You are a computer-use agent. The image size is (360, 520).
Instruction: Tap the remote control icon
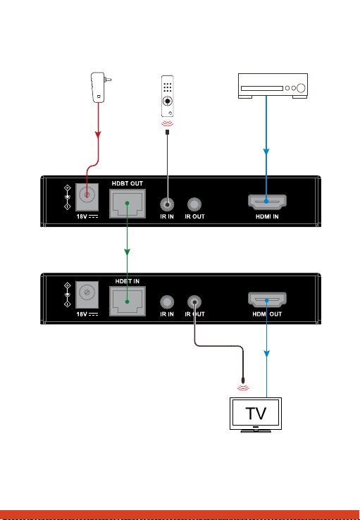click(168, 96)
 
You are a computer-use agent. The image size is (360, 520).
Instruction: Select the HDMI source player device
click(273, 86)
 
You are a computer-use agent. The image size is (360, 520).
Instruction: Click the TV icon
click(256, 415)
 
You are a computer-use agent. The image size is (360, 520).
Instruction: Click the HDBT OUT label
click(128, 183)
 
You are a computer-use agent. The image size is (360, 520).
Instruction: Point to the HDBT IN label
click(128, 281)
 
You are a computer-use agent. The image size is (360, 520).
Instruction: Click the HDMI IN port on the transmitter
click(267, 202)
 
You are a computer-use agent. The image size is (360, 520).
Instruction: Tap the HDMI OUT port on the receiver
click(267, 299)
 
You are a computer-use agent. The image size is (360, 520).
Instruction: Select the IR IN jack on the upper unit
click(167, 204)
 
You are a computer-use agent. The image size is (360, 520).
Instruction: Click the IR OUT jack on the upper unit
click(194, 204)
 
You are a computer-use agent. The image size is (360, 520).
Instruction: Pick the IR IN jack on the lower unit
click(167, 302)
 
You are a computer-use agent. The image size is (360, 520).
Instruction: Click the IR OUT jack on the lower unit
click(194, 302)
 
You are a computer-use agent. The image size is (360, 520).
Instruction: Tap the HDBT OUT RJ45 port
click(128, 204)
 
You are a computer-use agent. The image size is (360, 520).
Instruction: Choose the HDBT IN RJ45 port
click(128, 302)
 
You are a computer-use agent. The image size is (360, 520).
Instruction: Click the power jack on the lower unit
click(87, 293)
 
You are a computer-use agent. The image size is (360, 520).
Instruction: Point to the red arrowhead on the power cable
click(98, 135)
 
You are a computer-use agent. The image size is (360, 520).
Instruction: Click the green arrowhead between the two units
click(127, 252)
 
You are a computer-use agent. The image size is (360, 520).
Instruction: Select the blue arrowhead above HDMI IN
click(266, 151)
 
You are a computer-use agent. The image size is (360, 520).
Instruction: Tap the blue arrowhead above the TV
click(267, 354)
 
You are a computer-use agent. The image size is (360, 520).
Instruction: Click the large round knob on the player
click(301, 88)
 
